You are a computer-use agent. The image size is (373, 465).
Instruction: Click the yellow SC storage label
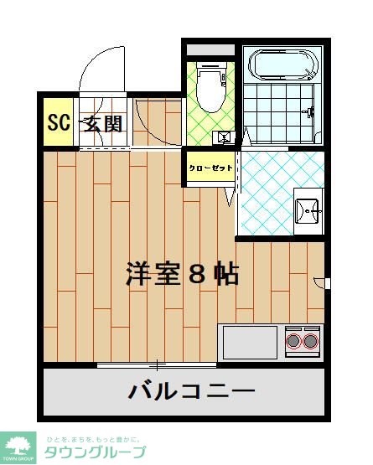tap(58, 124)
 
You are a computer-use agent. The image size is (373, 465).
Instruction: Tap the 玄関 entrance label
tap(104, 124)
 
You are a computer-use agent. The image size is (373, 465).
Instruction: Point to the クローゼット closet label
tap(210, 168)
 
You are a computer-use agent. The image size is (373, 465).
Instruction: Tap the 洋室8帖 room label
tap(183, 274)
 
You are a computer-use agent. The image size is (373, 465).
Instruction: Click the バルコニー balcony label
tap(191, 390)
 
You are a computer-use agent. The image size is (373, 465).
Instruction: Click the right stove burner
tap(311, 340)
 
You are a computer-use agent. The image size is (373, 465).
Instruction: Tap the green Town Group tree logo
tap(18, 444)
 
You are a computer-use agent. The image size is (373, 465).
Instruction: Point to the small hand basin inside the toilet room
tap(224, 136)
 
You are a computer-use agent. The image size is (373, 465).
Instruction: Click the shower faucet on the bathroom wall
tap(312, 111)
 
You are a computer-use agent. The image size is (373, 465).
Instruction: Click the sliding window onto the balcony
tap(157, 365)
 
